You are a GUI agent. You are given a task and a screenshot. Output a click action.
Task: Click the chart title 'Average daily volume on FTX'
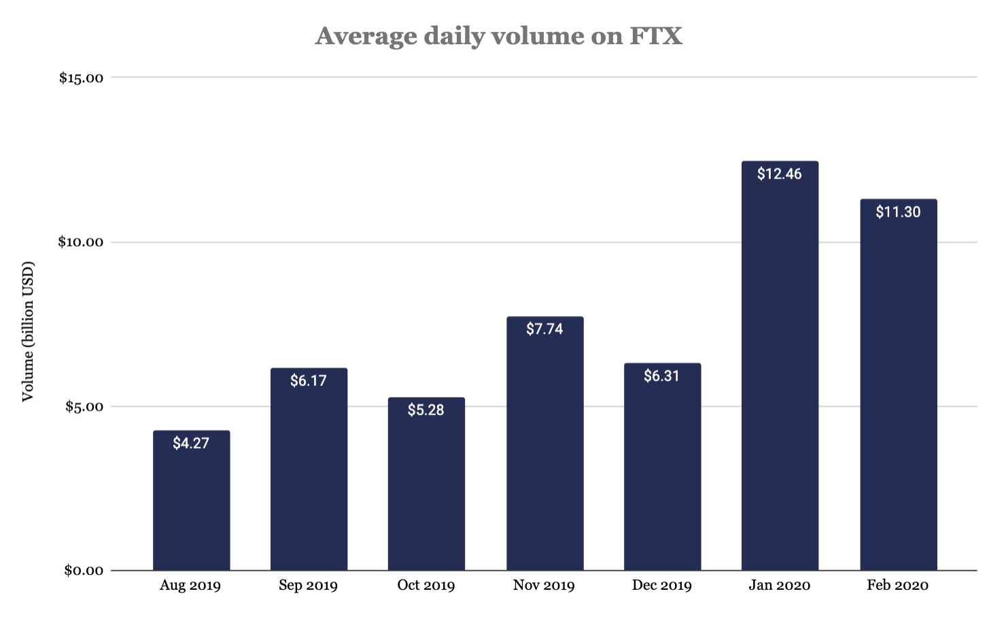point(498,36)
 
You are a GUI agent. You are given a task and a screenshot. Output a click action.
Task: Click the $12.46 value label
point(780,174)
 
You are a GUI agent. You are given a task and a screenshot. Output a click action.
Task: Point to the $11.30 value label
point(898,212)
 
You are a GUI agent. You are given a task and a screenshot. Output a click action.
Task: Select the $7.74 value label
point(544,329)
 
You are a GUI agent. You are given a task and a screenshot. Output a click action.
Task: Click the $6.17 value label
point(309,381)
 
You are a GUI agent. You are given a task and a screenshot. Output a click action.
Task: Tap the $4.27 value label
point(191,443)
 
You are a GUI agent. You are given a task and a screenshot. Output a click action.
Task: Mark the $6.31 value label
point(662,376)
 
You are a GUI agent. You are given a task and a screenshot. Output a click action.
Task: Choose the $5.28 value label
point(426,410)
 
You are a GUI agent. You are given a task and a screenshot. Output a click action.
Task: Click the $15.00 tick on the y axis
point(81,78)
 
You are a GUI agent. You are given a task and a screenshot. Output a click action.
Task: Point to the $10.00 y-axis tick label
point(81,243)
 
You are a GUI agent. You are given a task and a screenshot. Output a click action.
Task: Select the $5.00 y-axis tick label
point(84,407)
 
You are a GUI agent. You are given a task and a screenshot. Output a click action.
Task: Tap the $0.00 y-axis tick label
point(84,571)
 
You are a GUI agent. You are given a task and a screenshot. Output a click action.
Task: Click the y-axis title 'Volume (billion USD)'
point(28,331)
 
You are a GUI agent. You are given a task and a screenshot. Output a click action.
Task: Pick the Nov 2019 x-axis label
point(544,586)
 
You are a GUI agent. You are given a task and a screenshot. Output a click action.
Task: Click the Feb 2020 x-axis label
point(897,586)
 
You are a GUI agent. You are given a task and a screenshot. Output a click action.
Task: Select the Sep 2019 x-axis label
point(308,586)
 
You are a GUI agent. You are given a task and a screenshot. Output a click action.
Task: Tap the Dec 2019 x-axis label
point(661,586)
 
